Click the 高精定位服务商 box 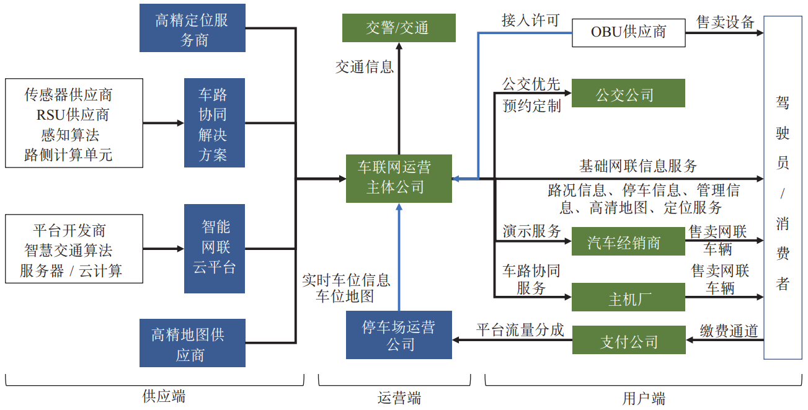pos(192,28)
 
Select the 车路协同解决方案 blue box pos(214,123)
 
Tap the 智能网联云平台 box pos(214,249)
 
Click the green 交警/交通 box pos(399,28)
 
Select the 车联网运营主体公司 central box pos(399,178)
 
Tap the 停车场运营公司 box pos(399,335)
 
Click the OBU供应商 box pos(628,32)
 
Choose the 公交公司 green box pos(628,94)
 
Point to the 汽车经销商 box pos(628,242)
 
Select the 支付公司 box pos(628,341)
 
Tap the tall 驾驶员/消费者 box pos(783,188)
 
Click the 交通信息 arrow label pos(365,67)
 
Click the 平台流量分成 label pos(520,329)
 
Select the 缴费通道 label pos(729,331)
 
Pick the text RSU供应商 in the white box pos(73,115)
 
